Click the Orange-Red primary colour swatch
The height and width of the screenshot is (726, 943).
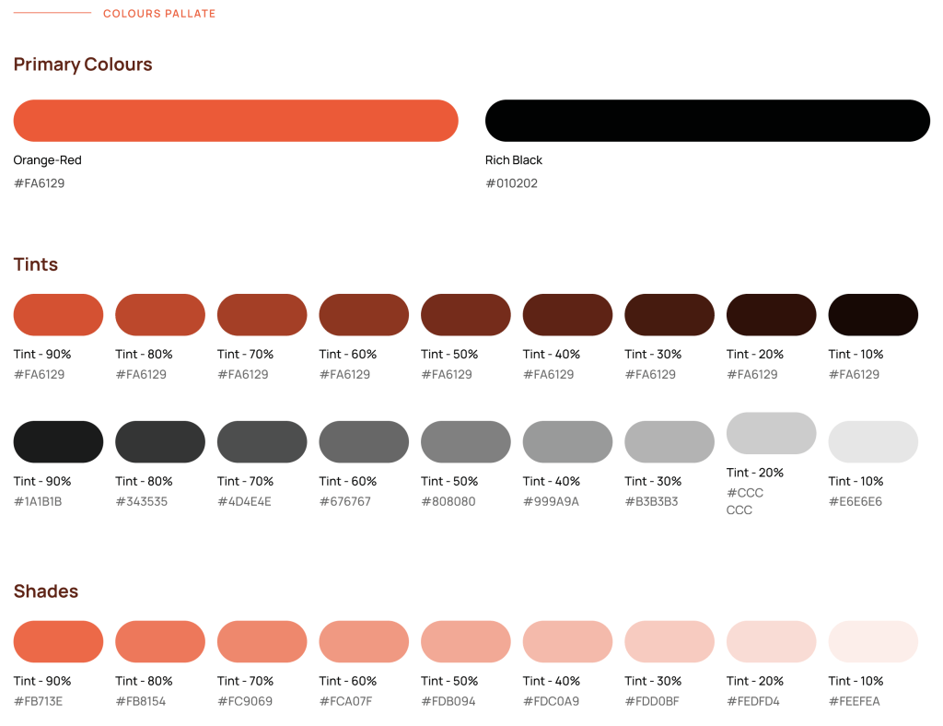tap(236, 121)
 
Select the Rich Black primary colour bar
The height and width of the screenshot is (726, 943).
tap(707, 121)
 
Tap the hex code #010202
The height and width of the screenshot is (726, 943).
tap(511, 183)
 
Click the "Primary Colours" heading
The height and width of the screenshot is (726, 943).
tap(83, 64)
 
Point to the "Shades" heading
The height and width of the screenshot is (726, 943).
tap(46, 591)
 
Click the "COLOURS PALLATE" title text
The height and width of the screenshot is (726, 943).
tap(159, 14)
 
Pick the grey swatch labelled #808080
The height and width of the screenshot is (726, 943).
tap(466, 442)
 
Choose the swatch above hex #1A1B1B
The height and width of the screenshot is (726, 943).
tap(58, 442)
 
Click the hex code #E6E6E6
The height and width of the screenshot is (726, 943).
tap(855, 502)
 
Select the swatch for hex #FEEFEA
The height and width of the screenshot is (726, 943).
tap(873, 642)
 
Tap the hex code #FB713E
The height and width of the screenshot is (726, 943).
tap(38, 702)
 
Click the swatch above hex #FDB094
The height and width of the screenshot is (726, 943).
tap(466, 642)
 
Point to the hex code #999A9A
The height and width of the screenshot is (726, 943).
tap(551, 502)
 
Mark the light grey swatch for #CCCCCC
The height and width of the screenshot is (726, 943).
tap(772, 433)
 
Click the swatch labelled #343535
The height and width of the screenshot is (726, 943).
tap(160, 442)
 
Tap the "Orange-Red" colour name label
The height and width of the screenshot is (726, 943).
tap(47, 160)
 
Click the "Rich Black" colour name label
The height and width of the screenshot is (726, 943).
tap(514, 160)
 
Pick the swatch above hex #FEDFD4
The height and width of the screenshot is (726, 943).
tap(772, 642)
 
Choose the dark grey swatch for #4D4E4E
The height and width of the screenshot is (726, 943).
tap(262, 442)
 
